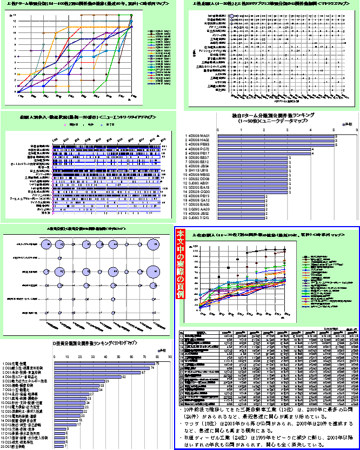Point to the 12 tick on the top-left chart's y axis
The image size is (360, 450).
tap(13, 17)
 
